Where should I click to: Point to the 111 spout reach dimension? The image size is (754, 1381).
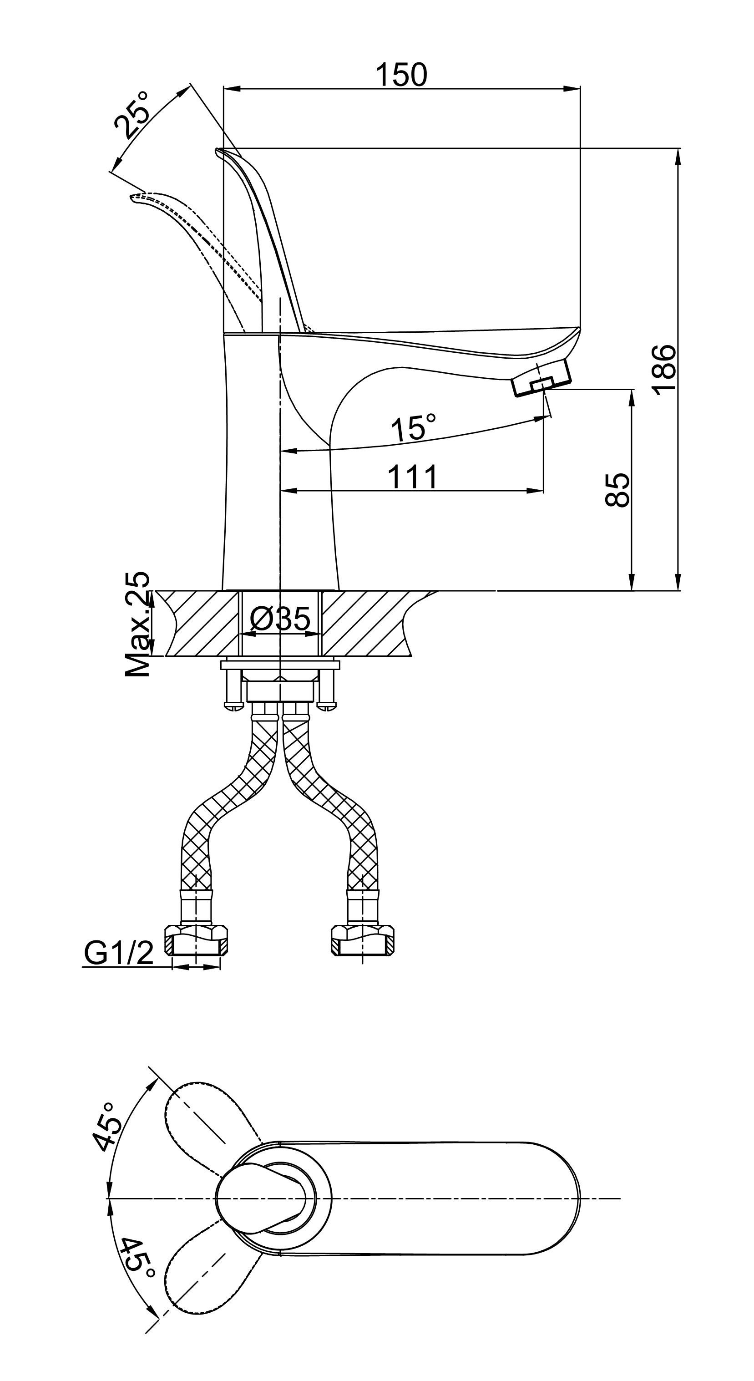pos(412,477)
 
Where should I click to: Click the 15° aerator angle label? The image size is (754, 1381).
pos(413,427)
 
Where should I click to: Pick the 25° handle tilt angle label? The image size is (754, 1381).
pos(132,115)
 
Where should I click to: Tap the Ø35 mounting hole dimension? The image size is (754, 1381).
pos(280,619)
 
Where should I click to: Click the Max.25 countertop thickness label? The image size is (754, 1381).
pos(138,624)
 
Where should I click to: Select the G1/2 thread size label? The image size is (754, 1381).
pos(118,953)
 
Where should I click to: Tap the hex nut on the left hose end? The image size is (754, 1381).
pos(196,937)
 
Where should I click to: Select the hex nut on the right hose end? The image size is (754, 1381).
pos(364,937)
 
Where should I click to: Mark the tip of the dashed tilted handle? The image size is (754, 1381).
pos(134,198)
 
